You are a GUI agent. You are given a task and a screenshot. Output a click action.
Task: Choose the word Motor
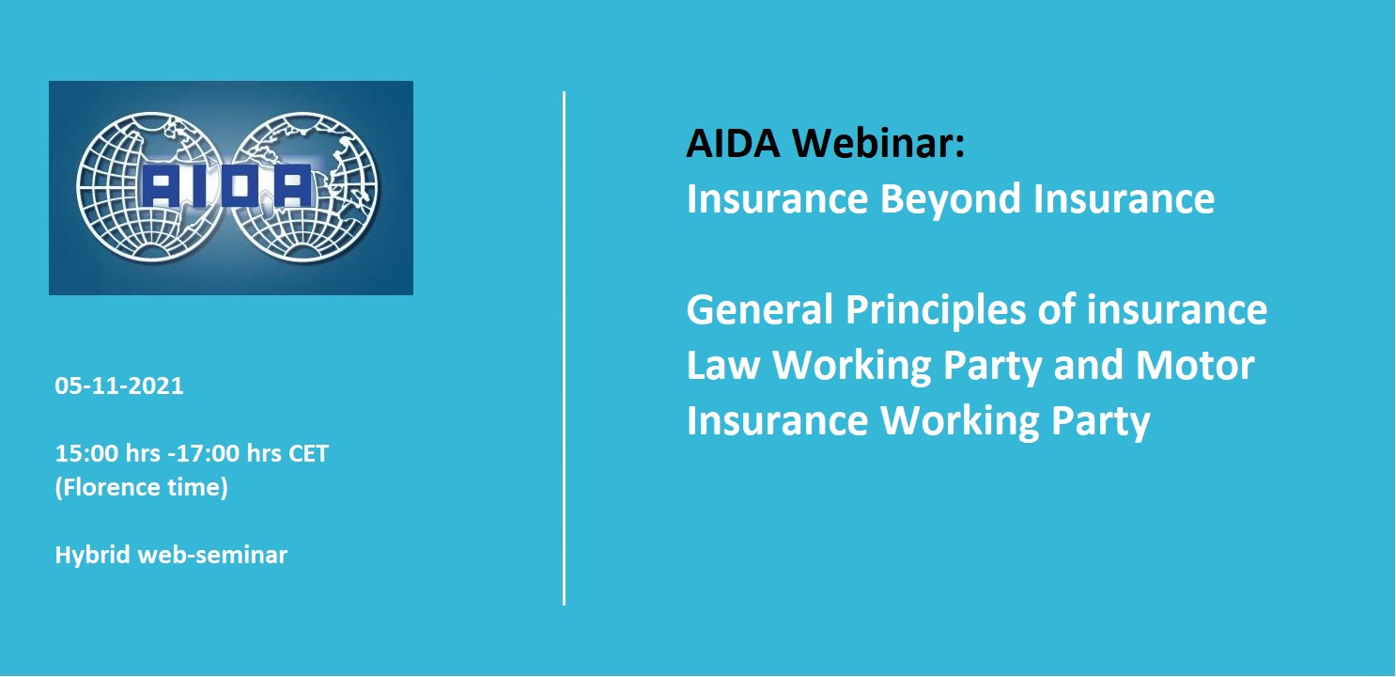point(1195,365)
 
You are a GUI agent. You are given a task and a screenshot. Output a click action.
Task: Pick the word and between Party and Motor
point(1090,365)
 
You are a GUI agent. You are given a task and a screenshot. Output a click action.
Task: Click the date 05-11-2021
point(119,386)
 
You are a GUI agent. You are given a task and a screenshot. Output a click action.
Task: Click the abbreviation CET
point(309,453)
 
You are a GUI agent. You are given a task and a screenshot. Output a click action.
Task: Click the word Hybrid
point(93,555)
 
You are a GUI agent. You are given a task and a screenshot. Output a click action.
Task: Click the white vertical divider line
point(564,348)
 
